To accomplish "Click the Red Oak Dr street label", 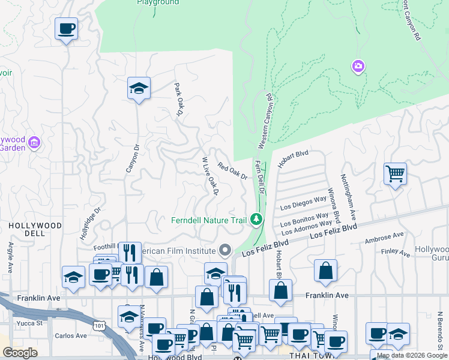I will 232,172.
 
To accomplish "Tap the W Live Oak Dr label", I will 210,176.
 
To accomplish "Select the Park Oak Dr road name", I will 178,100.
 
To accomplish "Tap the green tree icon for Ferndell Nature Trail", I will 257,220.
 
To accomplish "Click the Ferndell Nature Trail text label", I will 209,220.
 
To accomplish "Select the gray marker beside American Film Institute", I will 226,249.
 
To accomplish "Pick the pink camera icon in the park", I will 358,66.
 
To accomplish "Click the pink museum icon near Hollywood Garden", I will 34,143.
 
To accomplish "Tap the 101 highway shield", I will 97,324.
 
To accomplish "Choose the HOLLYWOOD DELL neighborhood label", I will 35,225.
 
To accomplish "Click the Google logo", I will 20,353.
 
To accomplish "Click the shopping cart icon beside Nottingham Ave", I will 395,174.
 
